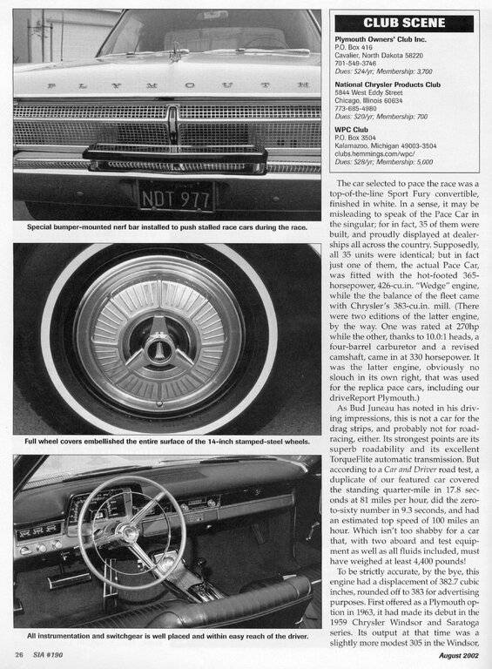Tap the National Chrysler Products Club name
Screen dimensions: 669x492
pyautogui.click(x=396, y=85)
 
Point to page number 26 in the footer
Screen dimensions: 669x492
pyautogui.click(x=18, y=655)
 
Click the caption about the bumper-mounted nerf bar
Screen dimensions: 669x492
pyautogui.click(x=166, y=228)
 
